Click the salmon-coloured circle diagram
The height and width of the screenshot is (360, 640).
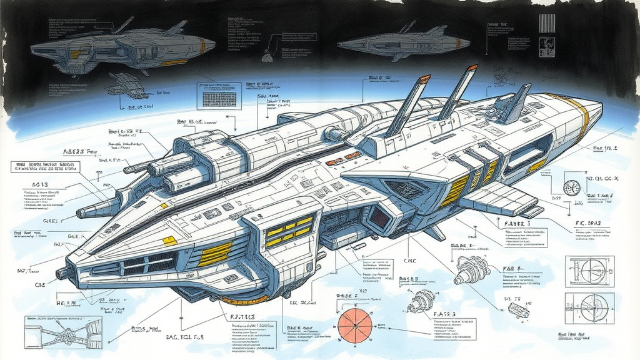(x=355, y=326)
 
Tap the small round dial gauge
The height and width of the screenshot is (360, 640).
(x=571, y=187)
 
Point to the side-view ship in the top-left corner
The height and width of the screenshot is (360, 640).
(x=122, y=48)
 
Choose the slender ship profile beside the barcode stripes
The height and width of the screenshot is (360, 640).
(x=403, y=42)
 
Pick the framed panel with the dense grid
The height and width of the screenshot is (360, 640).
(x=219, y=96)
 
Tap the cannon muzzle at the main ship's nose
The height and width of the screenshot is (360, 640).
(x=62, y=273)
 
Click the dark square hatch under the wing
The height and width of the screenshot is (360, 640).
(x=380, y=217)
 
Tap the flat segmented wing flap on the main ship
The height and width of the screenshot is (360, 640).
(x=497, y=199)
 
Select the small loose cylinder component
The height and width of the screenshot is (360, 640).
(x=518, y=309)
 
